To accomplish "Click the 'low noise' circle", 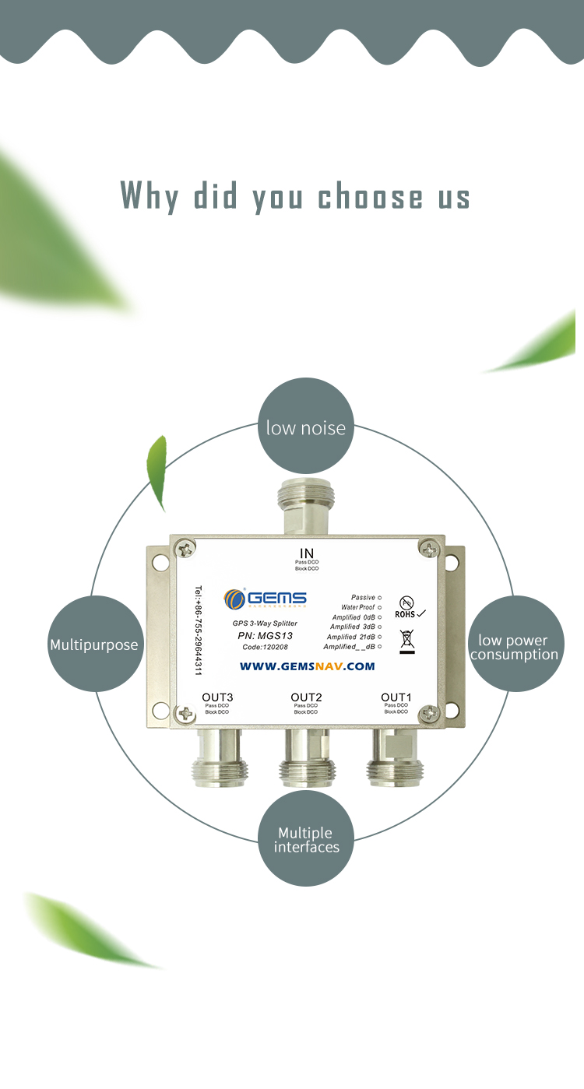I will (305, 426).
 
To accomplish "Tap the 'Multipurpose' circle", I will (94, 644).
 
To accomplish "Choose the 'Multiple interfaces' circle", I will (306, 838).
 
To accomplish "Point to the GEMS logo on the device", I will (266, 599).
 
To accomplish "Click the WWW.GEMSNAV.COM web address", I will (307, 666).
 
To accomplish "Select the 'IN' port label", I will (306, 553).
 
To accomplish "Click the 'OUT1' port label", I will (396, 697).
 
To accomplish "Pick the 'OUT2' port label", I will (306, 697).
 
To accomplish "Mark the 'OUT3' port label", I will (217, 697).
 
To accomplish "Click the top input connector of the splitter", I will (306, 506).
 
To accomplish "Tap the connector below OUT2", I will (306, 759).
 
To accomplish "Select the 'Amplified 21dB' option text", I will (351, 637).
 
